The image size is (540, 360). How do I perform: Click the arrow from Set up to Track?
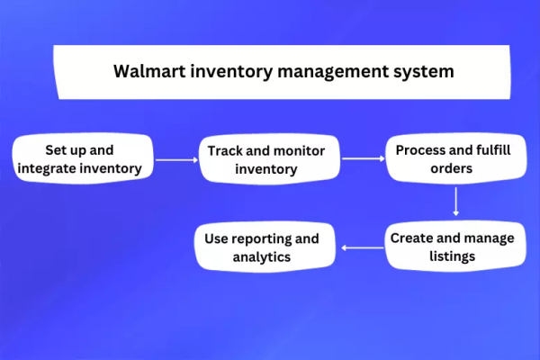pyautogui.click(x=175, y=159)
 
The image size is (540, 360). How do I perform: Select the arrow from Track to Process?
pyautogui.click(x=363, y=158)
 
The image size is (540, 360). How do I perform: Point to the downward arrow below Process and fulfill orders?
pyautogui.click(x=456, y=200)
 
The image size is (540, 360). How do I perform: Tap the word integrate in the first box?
pyautogui.click(x=51, y=167)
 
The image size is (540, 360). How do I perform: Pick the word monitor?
pyautogui.click(x=296, y=150)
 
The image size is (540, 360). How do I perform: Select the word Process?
pyautogui.click(x=423, y=148)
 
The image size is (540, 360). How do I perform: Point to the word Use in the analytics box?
pyautogui.click(x=216, y=239)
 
